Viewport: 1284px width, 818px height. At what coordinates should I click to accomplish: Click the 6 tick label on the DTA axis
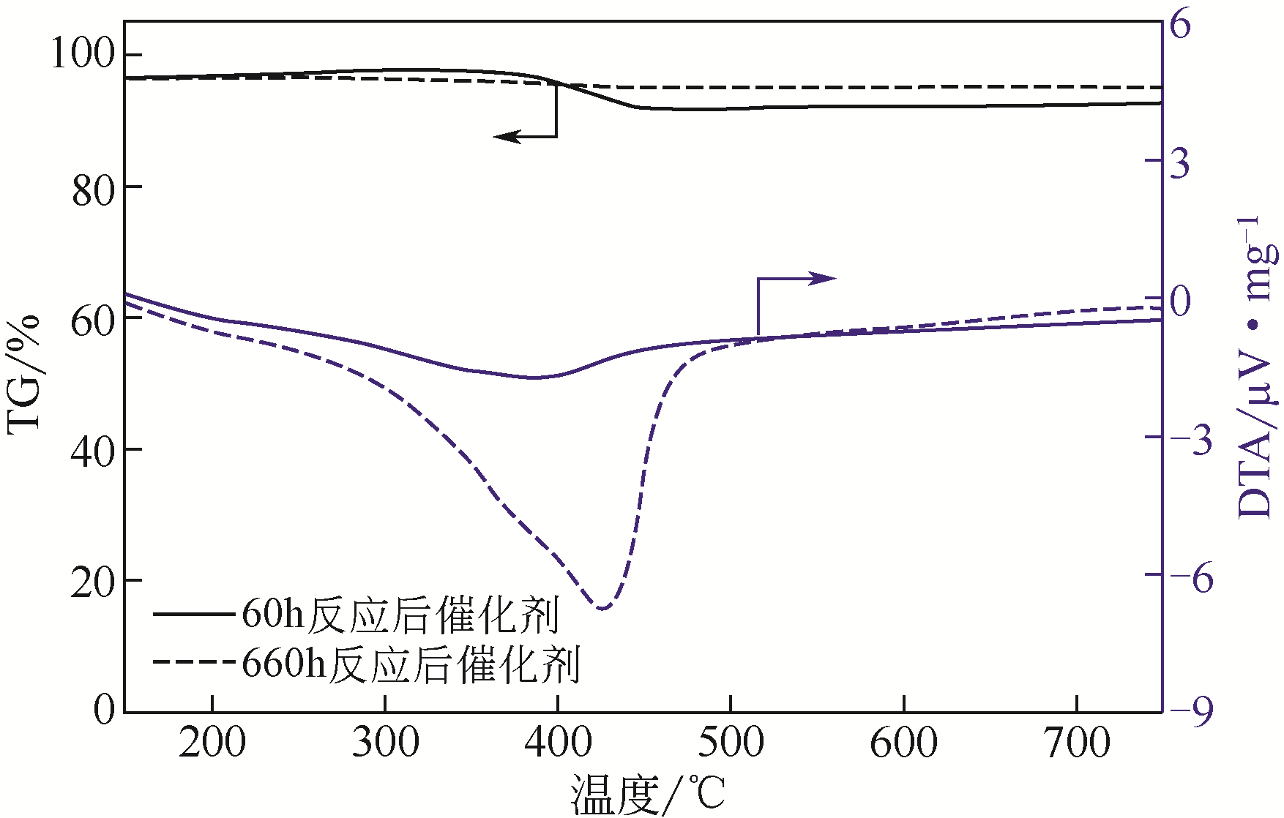1180,26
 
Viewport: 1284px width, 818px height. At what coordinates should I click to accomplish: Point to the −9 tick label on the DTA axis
1191,711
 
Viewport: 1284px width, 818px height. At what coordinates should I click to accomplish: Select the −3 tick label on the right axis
1191,439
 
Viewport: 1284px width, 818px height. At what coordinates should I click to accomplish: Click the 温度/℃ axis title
649,796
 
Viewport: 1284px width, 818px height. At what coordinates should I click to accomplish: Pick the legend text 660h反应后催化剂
411,665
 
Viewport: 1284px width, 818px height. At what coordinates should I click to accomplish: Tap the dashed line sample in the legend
196,663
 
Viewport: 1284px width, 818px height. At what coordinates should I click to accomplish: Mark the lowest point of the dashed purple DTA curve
602,608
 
